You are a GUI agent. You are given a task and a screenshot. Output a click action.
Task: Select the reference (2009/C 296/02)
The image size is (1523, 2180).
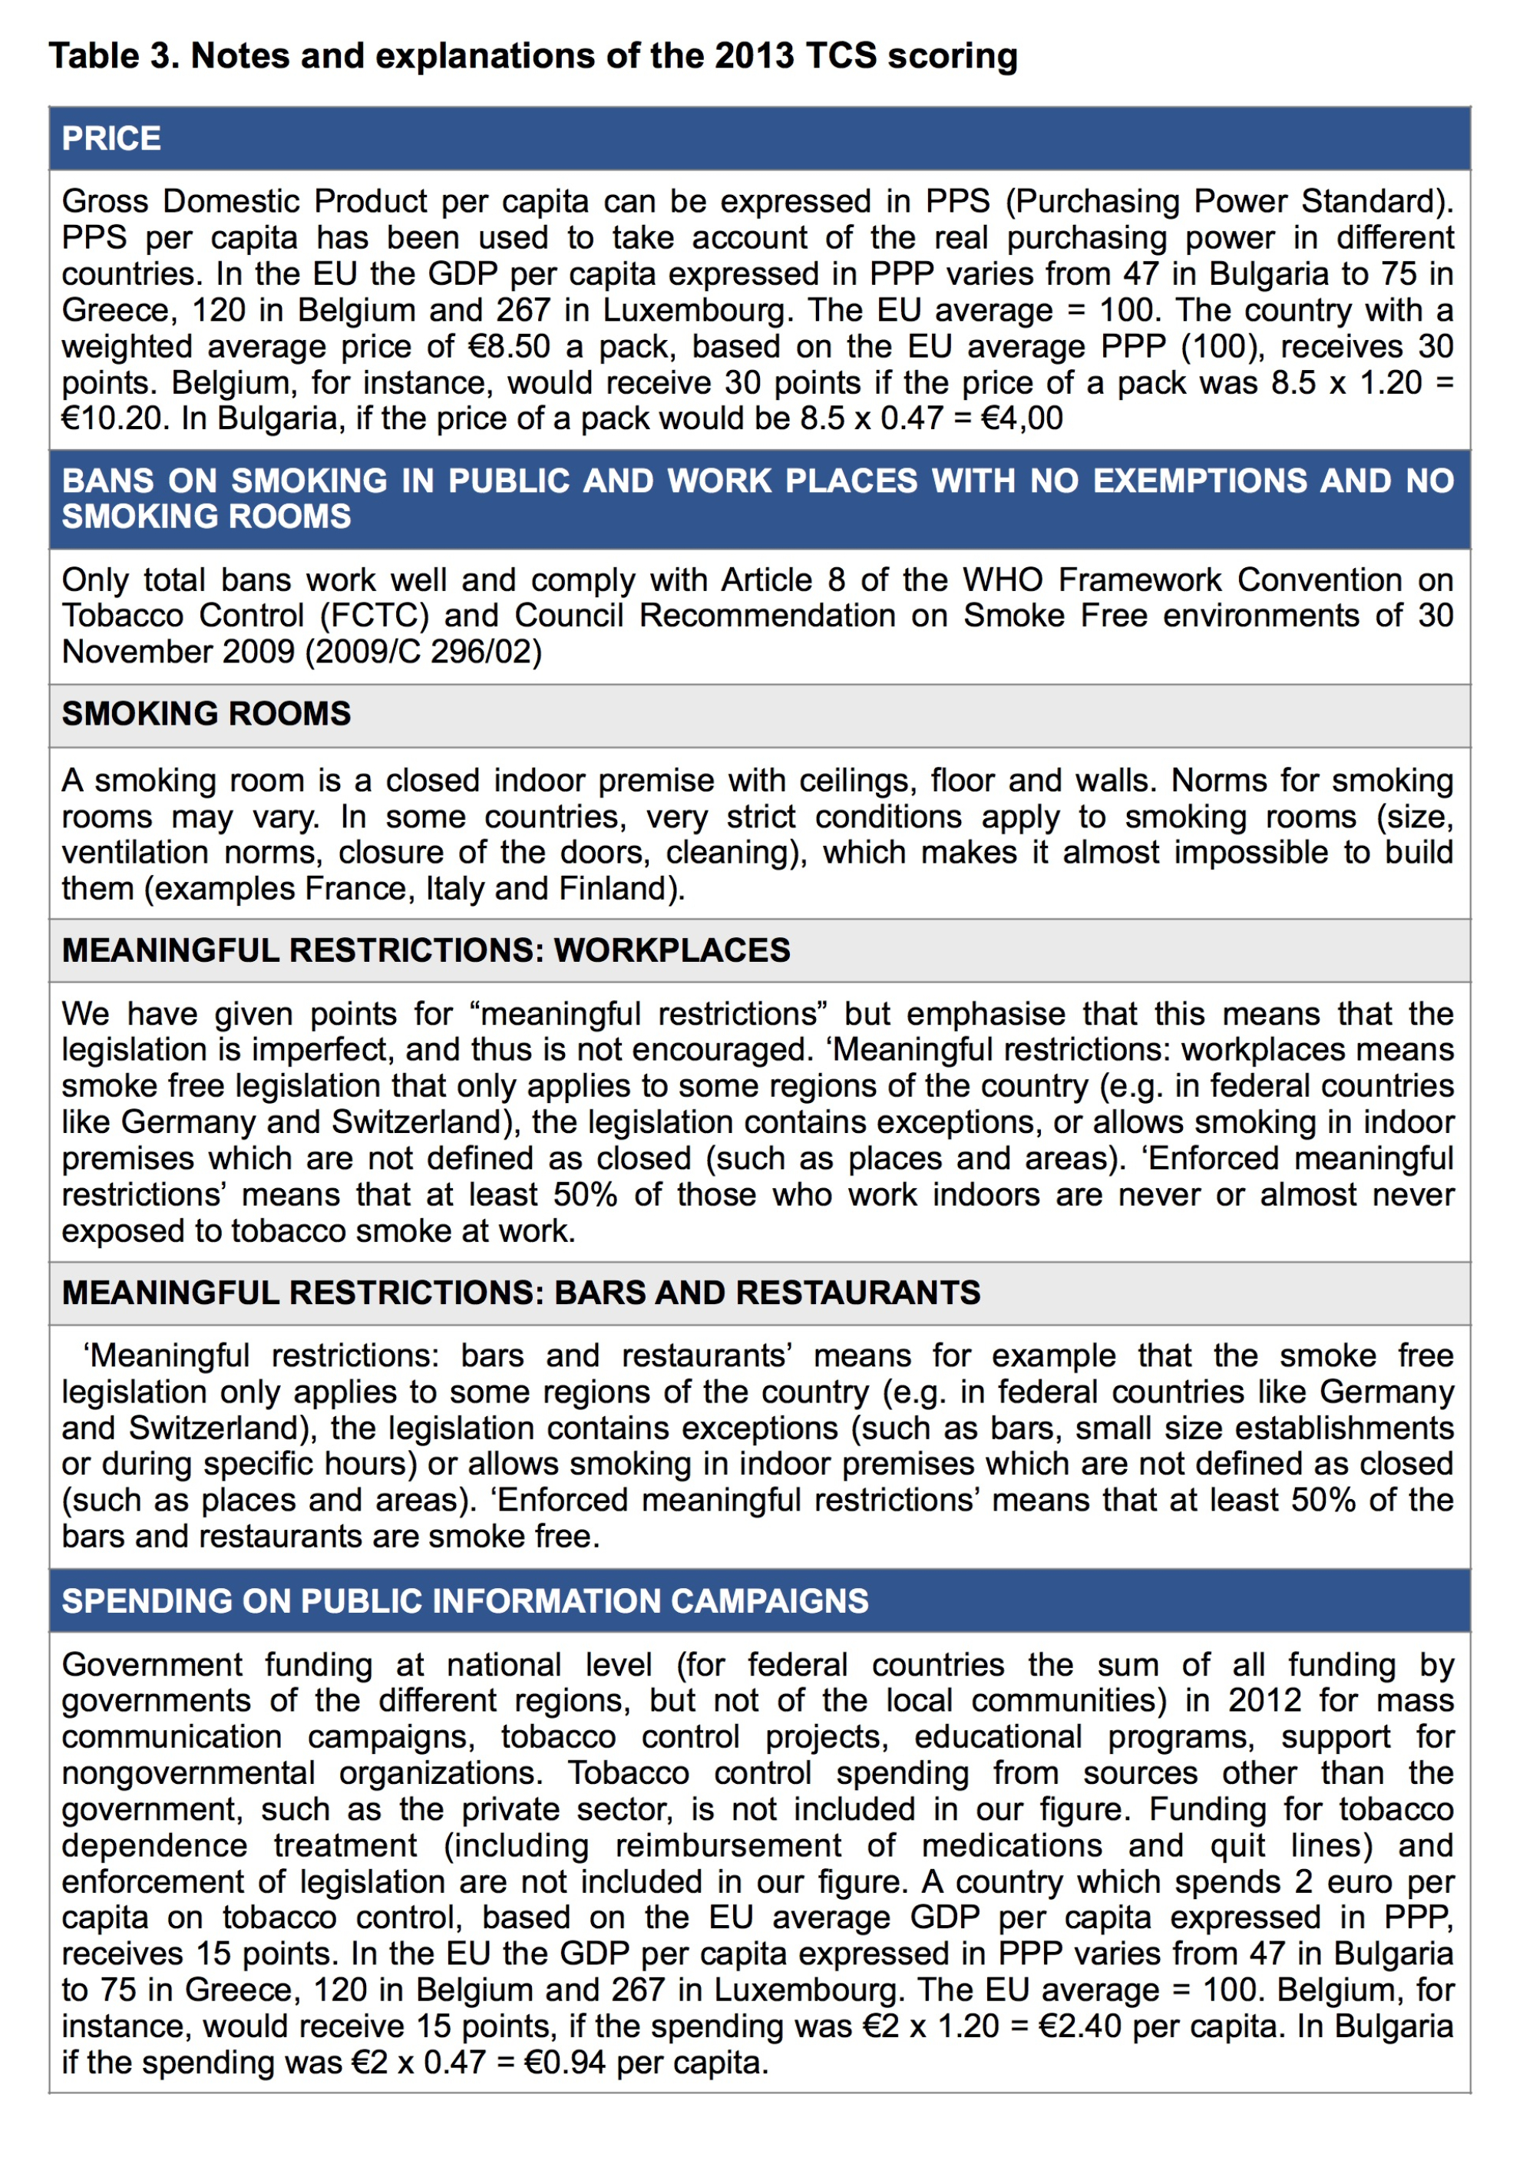coord(422,652)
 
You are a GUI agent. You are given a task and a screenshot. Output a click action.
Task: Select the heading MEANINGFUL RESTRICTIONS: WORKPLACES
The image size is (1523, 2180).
coord(425,950)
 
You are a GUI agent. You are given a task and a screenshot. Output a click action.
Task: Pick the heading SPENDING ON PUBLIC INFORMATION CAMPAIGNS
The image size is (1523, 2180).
coord(464,1600)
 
